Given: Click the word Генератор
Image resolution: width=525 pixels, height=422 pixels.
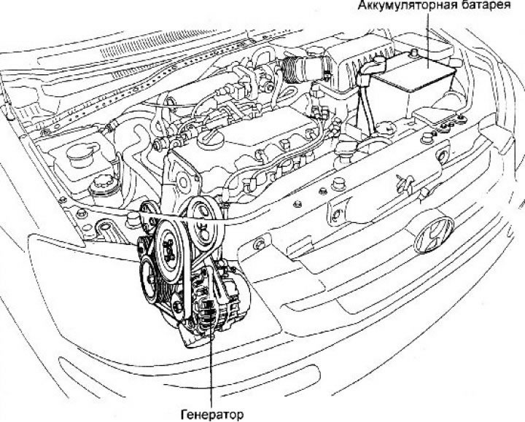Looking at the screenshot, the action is [212, 415].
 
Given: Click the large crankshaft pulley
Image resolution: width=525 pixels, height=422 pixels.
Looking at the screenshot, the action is [170, 250].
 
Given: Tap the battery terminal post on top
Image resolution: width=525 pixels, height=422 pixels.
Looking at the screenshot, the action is [414, 52].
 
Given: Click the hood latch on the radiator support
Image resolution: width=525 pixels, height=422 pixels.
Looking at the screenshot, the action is [404, 184].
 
